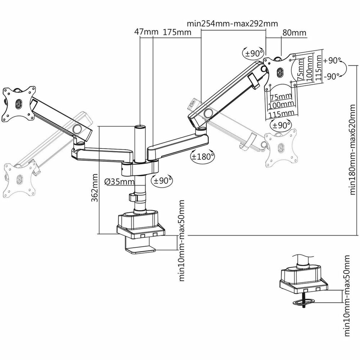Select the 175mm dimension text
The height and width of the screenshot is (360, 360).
[x=177, y=32]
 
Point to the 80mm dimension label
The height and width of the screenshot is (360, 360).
[x=294, y=32]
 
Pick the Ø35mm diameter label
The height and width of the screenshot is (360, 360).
[x=119, y=181]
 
